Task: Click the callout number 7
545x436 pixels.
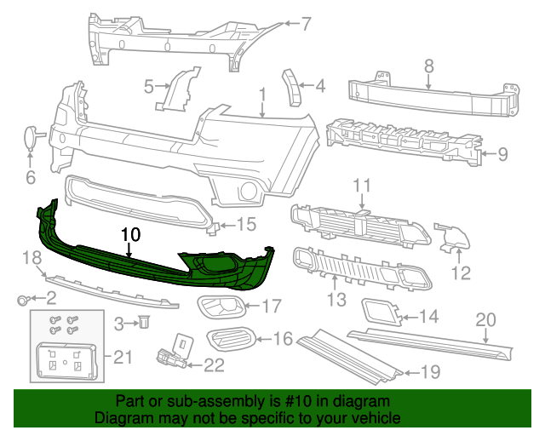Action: (x=307, y=24)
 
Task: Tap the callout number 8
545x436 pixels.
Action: (x=428, y=65)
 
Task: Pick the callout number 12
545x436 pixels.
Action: (x=460, y=273)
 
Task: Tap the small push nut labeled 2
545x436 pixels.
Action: (x=24, y=299)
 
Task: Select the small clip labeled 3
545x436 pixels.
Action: (x=144, y=322)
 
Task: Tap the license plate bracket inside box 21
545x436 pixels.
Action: (x=64, y=359)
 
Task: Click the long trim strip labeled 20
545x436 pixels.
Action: (x=434, y=338)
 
